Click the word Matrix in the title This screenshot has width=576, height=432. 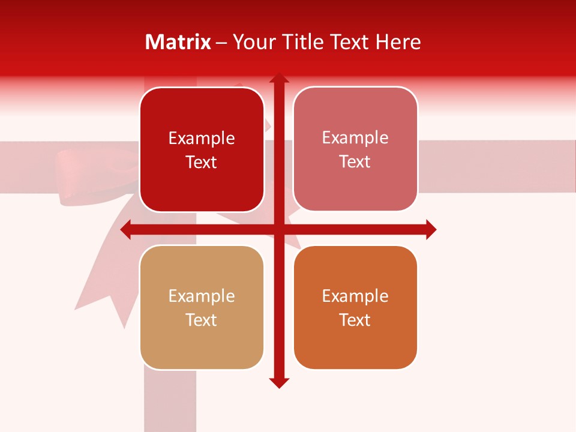[x=178, y=42]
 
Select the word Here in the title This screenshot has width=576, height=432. [x=398, y=42]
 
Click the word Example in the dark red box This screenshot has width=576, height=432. [x=202, y=139]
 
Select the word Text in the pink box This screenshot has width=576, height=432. [x=355, y=162]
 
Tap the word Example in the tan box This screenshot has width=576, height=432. [x=202, y=296]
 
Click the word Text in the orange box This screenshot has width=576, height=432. [x=355, y=320]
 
